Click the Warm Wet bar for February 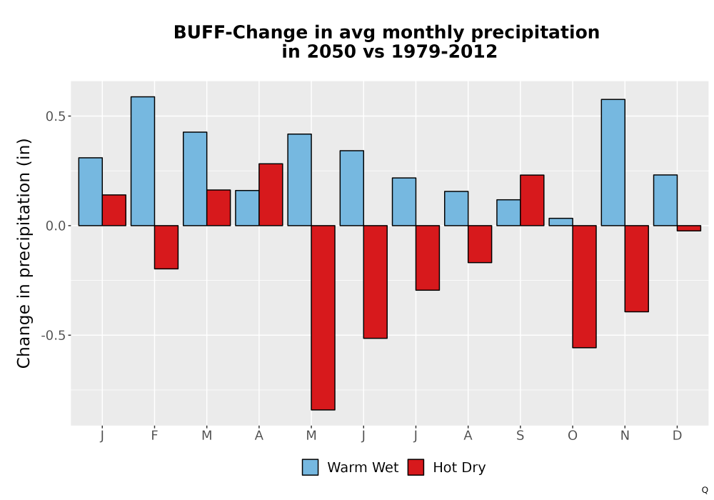(143, 161)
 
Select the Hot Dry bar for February (166, 247)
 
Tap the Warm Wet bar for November (613, 163)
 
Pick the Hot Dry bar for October (584, 286)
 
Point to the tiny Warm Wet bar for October (560, 221)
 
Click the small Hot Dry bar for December (689, 228)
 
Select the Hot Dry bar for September (532, 201)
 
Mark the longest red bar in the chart (323, 318)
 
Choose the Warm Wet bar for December (665, 201)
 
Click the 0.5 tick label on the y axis (56, 116)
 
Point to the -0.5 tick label (54, 335)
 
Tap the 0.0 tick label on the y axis (56, 226)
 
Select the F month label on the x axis (154, 436)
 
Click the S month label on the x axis (520, 436)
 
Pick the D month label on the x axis (677, 436)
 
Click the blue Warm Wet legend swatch (310, 467)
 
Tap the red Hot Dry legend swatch (416, 467)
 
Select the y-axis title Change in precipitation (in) (24, 253)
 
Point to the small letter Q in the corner (705, 490)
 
